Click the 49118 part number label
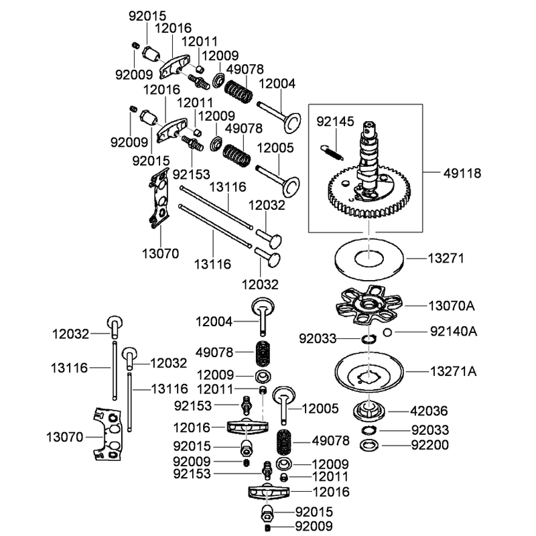pos(462,174)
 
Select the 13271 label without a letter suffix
pos(446,259)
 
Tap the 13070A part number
pos(451,306)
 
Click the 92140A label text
pos(454,331)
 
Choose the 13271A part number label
pos(453,371)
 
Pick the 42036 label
pos(429,411)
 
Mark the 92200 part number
pos(429,445)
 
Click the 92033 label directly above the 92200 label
pos(430,430)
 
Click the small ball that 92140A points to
pos(387,332)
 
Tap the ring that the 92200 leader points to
pos(369,446)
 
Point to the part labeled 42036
pos(369,411)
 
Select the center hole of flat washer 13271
pos(369,259)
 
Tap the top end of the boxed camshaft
pos(369,125)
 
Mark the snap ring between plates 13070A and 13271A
pos(369,339)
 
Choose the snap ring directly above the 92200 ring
pos(369,430)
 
